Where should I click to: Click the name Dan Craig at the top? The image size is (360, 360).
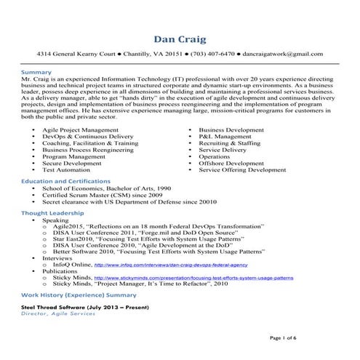tap(180, 38)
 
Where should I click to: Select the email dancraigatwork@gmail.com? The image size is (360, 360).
tap(283, 54)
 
